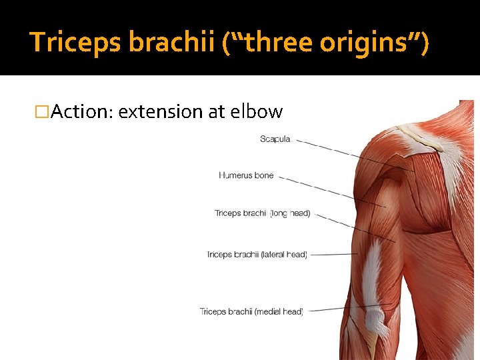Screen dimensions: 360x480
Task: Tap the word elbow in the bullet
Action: tap(256, 112)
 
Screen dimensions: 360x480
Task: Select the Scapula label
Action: tap(275, 139)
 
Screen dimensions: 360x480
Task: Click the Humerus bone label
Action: tap(246, 175)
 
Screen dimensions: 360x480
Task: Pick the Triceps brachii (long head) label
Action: tap(262, 213)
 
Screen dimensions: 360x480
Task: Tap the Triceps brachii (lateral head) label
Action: tap(257, 255)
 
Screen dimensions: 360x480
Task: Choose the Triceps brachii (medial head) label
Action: tap(251, 311)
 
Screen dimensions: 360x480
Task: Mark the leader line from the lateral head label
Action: tap(333, 254)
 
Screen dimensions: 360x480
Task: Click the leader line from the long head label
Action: tap(353, 227)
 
